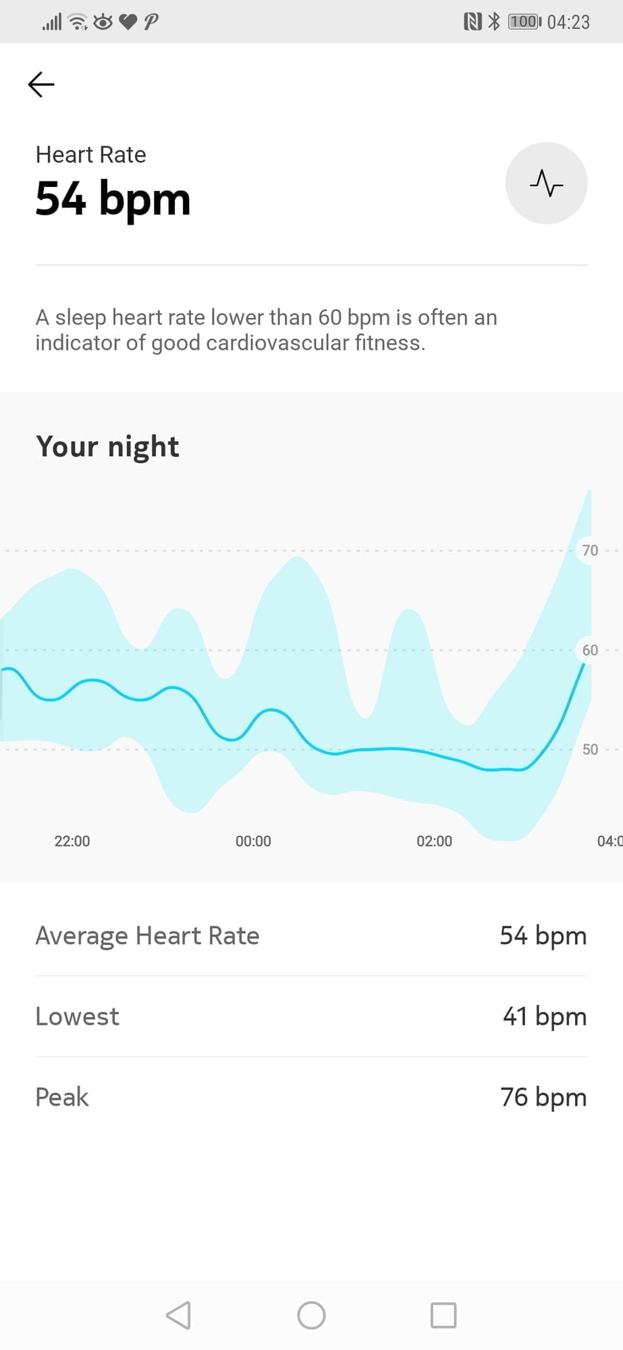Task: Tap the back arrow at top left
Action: click(x=41, y=84)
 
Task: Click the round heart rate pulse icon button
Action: click(x=546, y=183)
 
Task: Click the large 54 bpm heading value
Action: click(x=113, y=200)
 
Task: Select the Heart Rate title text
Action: click(x=90, y=155)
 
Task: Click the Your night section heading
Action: click(x=107, y=447)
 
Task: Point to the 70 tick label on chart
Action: click(x=590, y=550)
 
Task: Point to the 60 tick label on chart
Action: click(x=590, y=650)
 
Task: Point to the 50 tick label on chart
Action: click(x=590, y=749)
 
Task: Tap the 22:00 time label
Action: click(x=72, y=841)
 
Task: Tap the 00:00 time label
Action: click(x=253, y=841)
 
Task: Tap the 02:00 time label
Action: click(x=434, y=841)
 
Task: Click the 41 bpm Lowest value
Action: click(x=544, y=1017)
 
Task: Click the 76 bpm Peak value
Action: click(x=543, y=1098)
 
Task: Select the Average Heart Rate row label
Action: click(x=147, y=936)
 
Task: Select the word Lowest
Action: click(x=77, y=1017)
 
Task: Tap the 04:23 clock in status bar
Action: click(x=568, y=22)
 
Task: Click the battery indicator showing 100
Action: click(x=524, y=22)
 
